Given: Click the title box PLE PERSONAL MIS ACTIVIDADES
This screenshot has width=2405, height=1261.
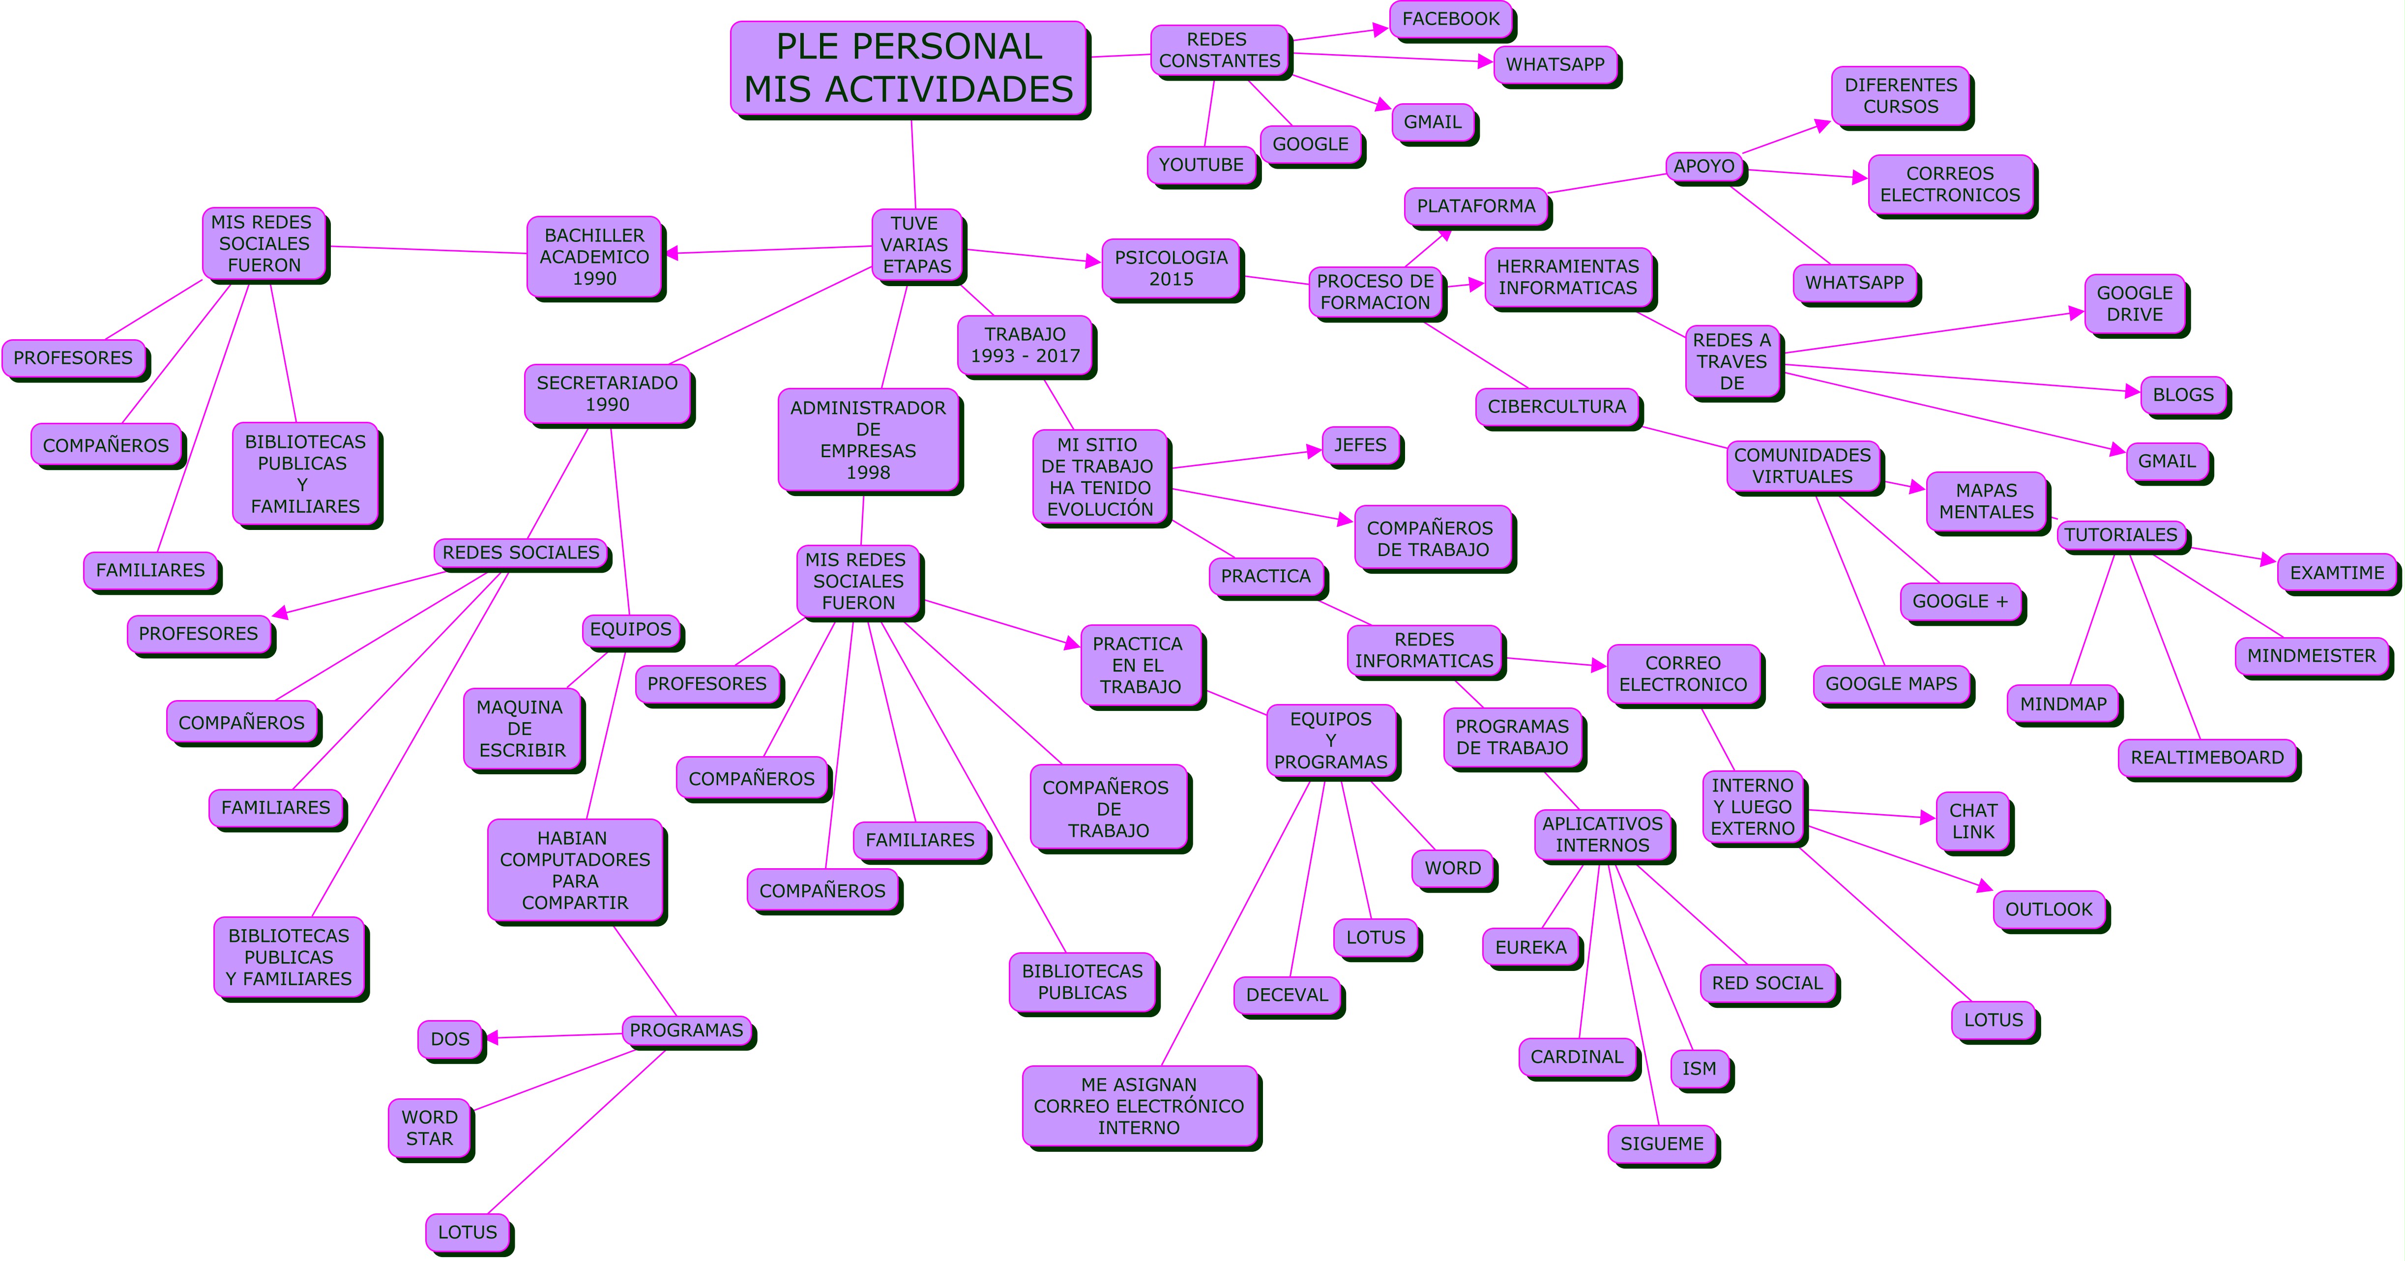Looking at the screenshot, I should click(909, 68).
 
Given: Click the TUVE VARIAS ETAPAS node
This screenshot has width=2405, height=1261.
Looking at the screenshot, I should click(916, 244).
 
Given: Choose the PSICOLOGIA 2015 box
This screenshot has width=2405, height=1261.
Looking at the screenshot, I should click(1171, 268).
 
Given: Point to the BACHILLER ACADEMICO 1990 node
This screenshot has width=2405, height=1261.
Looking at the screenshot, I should click(595, 257).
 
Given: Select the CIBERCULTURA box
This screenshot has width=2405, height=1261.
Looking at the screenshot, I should click(1556, 407).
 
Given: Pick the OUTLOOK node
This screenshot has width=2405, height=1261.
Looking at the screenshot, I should click(2049, 909).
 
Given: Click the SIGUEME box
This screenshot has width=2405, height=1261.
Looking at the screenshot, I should click(1661, 1144).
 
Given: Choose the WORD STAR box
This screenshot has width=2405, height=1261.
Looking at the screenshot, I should click(430, 1128).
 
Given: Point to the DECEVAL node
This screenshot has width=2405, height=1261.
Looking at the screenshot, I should click(1287, 995).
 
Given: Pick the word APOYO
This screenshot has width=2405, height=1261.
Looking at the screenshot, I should click(1704, 166).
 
